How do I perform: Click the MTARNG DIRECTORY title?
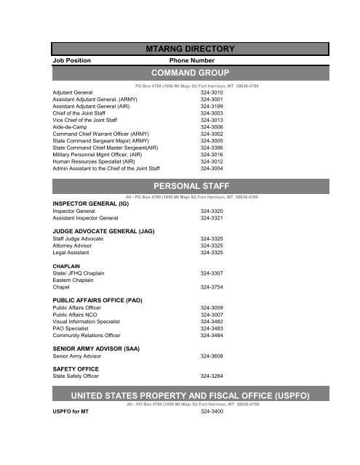[191, 49]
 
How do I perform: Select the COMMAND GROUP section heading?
[191, 73]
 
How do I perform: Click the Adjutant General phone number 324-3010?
[212, 94]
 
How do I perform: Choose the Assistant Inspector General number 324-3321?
[212, 218]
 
